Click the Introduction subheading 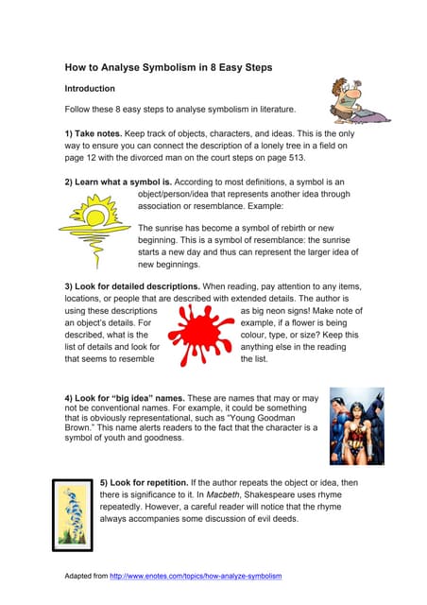(90, 88)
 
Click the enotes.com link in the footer (196, 576)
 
